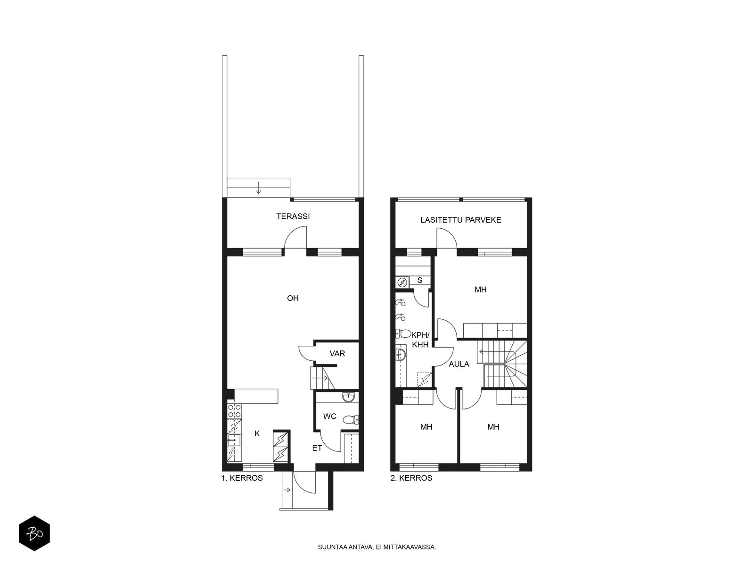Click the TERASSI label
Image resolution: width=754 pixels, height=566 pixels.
[293, 216]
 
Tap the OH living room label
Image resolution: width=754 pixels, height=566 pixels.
[293, 298]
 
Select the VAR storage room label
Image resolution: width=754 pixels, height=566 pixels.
[337, 353]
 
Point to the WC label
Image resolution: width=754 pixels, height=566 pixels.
[329, 416]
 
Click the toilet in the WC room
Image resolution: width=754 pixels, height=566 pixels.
[351, 420]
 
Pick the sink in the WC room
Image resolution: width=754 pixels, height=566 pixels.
[350, 398]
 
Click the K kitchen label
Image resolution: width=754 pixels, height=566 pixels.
[257, 433]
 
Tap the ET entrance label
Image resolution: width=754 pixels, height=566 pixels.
[317, 448]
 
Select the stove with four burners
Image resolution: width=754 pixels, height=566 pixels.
[234, 411]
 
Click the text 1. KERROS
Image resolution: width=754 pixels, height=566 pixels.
[242, 478]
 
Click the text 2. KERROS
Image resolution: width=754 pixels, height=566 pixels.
[411, 478]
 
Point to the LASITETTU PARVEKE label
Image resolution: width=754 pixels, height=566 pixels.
[460, 220]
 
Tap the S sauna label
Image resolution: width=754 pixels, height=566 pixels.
[419, 281]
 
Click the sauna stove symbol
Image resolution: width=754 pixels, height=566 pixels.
[402, 283]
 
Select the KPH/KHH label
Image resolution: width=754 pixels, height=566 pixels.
[420, 340]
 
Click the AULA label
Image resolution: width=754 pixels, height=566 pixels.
[459, 364]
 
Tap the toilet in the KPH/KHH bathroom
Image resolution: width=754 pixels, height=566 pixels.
[403, 333]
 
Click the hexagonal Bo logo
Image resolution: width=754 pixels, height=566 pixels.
[34, 533]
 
